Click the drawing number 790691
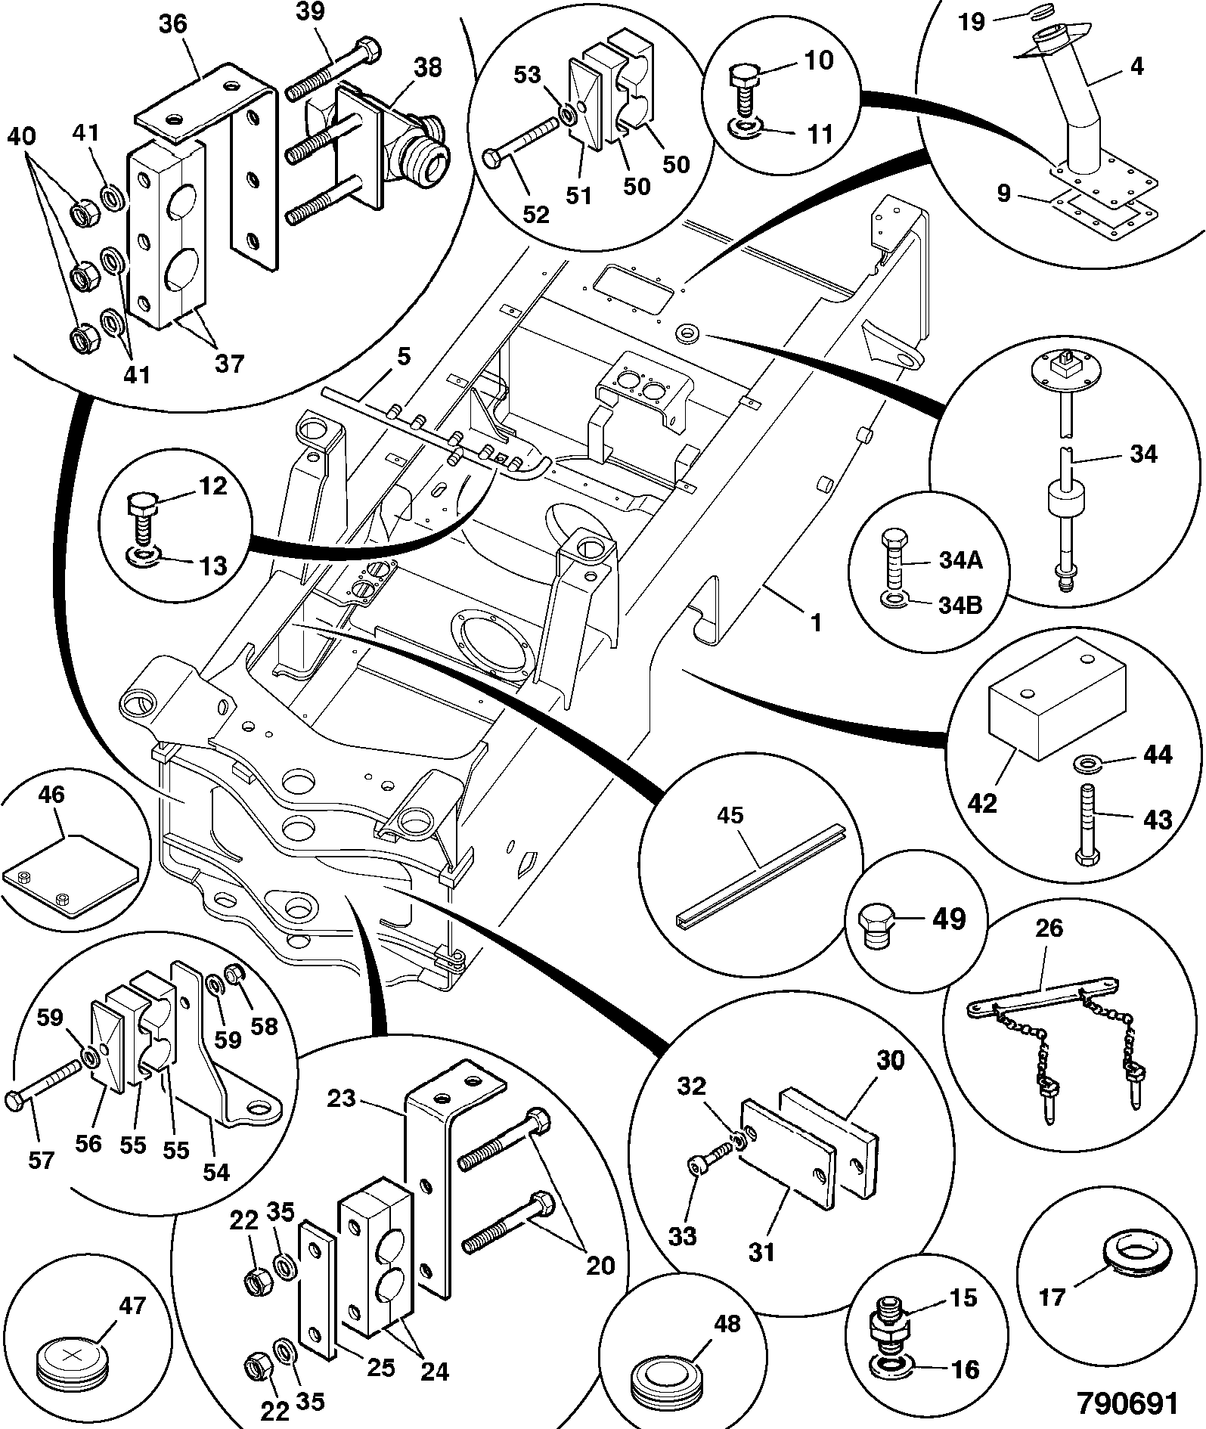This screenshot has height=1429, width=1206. click(x=1127, y=1403)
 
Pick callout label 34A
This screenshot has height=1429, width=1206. click(x=962, y=561)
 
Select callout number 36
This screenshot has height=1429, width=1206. click(x=173, y=24)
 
